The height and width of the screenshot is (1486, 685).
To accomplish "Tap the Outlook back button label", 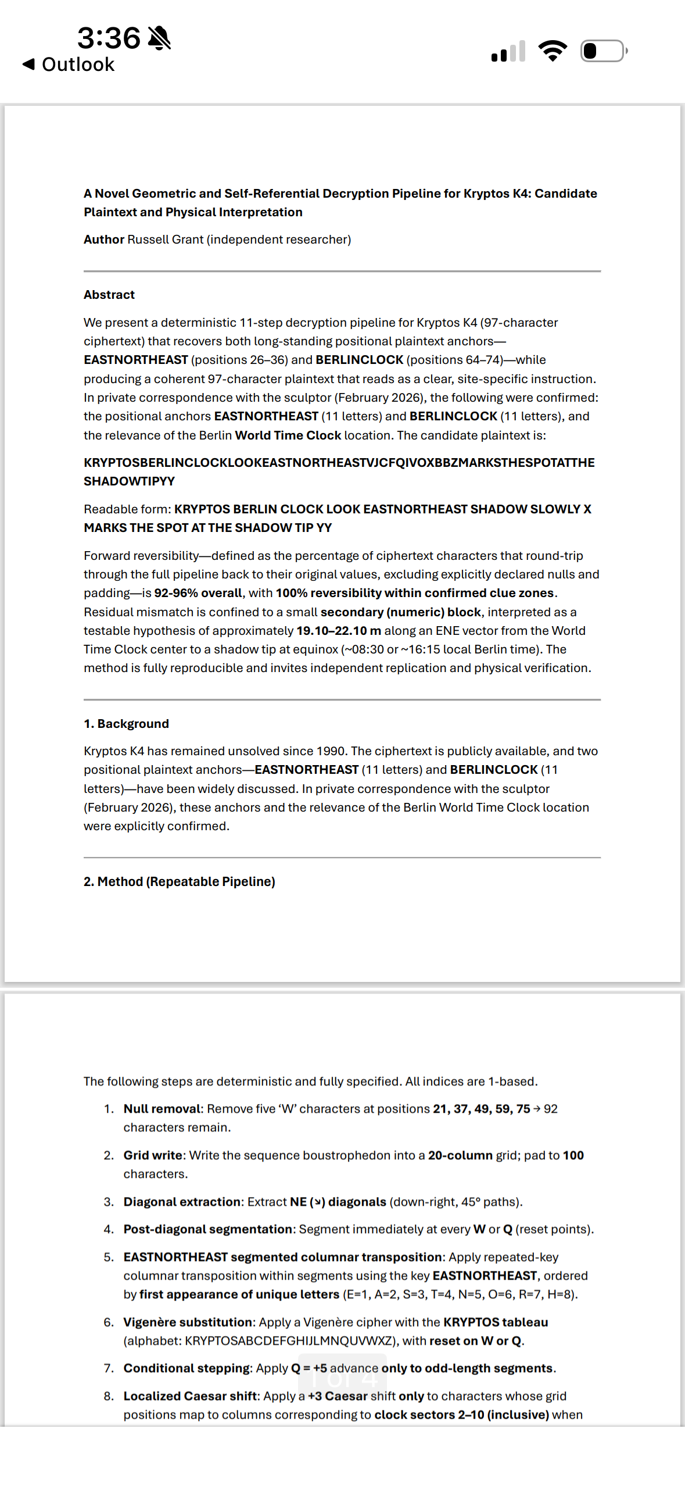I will click(x=78, y=65).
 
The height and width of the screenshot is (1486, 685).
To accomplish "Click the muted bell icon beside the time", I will click(x=159, y=38).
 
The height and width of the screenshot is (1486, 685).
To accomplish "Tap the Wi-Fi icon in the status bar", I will click(x=553, y=51).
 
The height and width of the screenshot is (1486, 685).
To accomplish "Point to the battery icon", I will click(x=603, y=51).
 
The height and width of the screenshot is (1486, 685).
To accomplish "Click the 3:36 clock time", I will click(x=109, y=38).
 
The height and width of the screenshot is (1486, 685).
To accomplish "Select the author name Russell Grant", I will click(x=165, y=240).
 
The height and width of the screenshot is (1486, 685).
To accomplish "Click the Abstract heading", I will click(x=109, y=295).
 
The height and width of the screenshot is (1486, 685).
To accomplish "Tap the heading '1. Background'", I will click(x=126, y=724).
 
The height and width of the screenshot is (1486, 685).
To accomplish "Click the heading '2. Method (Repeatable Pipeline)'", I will click(x=179, y=881).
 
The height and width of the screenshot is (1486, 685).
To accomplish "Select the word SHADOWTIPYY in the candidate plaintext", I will click(x=129, y=481).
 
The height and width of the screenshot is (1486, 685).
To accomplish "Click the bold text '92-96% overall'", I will click(x=198, y=593).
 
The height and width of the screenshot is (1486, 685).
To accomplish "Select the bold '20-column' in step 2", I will click(x=460, y=1155).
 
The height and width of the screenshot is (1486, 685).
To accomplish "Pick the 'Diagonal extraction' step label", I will click(x=182, y=1202).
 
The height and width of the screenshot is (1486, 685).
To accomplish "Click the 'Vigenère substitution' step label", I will click(x=188, y=1322).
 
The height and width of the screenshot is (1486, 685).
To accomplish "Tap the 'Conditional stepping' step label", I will click(x=186, y=1368).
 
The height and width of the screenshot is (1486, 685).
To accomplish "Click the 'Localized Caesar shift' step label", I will click(x=190, y=1396).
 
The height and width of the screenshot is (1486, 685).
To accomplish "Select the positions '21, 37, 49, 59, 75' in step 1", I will click(x=481, y=1109).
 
